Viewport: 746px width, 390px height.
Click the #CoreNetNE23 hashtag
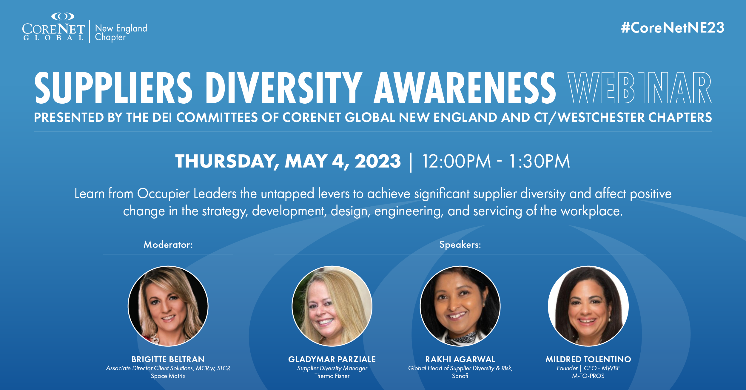(x=673, y=28)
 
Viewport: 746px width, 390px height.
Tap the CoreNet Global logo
(x=54, y=27)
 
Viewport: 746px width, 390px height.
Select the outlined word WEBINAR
(x=639, y=88)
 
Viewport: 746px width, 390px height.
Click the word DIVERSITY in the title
(x=284, y=88)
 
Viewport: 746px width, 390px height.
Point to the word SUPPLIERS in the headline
(x=113, y=88)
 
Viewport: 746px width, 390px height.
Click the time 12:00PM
(x=457, y=161)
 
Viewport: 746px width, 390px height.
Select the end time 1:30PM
(x=540, y=161)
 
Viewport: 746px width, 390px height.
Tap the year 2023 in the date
(x=377, y=161)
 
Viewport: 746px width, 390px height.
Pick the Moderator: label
(x=168, y=245)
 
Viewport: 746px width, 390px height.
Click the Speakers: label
(x=460, y=245)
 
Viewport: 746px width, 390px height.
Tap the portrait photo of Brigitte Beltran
(x=168, y=306)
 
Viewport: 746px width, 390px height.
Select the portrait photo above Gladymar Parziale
(x=332, y=306)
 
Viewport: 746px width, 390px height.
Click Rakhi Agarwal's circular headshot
(x=460, y=306)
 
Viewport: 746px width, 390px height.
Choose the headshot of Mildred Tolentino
(x=588, y=306)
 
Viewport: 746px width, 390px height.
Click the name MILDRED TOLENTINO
(x=588, y=359)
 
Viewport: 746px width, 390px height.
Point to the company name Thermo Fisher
(x=332, y=376)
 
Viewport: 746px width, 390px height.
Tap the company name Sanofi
(x=460, y=376)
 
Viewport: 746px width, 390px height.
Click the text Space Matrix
(x=168, y=376)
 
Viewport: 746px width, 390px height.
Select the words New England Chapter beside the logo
(x=121, y=33)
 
